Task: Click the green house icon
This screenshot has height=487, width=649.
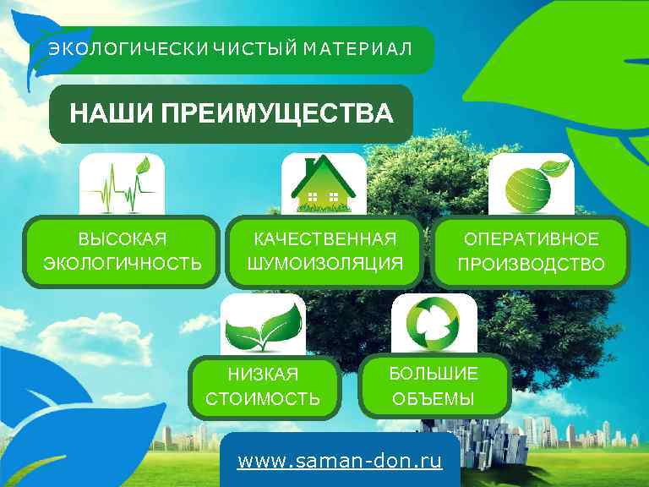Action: [x=323, y=184]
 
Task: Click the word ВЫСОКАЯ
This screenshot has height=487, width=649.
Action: [x=123, y=239]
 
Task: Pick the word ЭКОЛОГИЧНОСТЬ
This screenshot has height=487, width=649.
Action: [x=123, y=264]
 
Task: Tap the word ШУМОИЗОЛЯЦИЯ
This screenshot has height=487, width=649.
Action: [x=324, y=264]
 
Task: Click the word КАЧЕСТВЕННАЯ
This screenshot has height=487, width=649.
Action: [x=324, y=239]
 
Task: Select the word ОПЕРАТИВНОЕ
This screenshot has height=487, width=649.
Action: [x=532, y=239]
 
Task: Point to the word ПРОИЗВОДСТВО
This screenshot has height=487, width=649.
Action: [x=532, y=265]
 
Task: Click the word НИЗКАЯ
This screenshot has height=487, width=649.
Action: [x=263, y=374]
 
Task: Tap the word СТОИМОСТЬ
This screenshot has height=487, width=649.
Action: [x=263, y=398]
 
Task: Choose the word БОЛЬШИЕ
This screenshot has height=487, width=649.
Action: [x=434, y=374]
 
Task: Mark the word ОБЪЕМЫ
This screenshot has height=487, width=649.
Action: [x=434, y=398]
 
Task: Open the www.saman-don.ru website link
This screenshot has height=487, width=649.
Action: [x=340, y=462]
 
